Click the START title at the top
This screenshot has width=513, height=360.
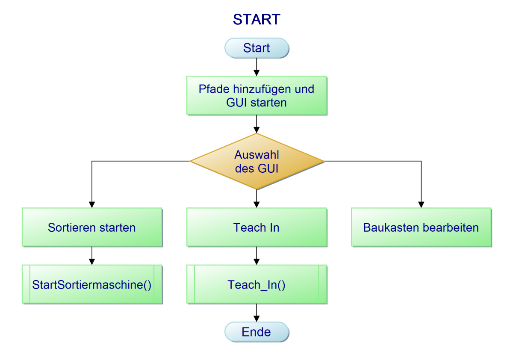click(x=256, y=20)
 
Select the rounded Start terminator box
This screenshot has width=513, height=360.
click(x=256, y=48)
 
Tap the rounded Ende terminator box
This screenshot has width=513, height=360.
click(x=256, y=332)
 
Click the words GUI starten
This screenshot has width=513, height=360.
click(x=256, y=103)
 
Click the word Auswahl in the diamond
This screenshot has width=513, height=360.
click(x=256, y=155)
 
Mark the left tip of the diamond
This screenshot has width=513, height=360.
click(x=191, y=162)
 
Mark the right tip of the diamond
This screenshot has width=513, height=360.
click(x=323, y=162)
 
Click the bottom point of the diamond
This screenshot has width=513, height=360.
click(x=257, y=189)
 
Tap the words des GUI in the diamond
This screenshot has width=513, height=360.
click(x=256, y=168)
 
